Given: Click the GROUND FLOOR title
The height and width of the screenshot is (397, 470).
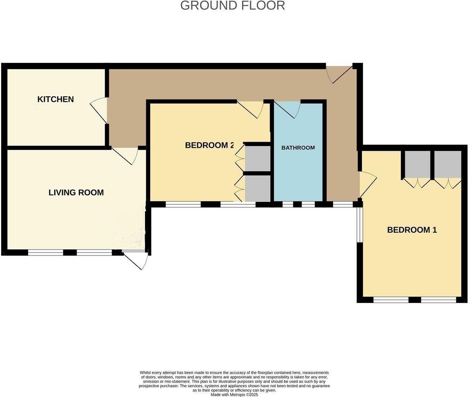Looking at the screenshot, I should click(x=232, y=6).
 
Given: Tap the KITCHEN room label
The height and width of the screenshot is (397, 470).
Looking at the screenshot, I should click(x=55, y=99).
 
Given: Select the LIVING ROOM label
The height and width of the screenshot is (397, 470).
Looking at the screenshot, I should click(x=76, y=192).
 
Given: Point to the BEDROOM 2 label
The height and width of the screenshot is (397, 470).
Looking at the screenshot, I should click(x=209, y=145).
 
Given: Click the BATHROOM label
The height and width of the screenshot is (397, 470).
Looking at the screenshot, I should click(x=298, y=148).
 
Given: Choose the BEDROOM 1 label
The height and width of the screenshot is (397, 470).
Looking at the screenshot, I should click(x=412, y=230).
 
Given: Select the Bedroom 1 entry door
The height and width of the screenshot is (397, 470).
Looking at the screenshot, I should click(x=367, y=184).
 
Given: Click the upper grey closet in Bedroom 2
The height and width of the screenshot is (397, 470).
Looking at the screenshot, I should click(x=258, y=158).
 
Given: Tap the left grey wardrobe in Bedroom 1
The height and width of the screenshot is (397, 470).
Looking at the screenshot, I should click(x=417, y=164).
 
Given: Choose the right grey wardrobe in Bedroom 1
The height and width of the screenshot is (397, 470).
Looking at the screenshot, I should click(x=448, y=164).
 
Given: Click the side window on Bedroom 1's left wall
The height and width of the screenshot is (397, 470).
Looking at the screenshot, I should click(x=359, y=225).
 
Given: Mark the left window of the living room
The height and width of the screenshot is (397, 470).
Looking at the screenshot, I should click(x=46, y=253).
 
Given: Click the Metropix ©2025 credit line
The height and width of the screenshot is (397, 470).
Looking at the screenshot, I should click(x=234, y=395).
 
